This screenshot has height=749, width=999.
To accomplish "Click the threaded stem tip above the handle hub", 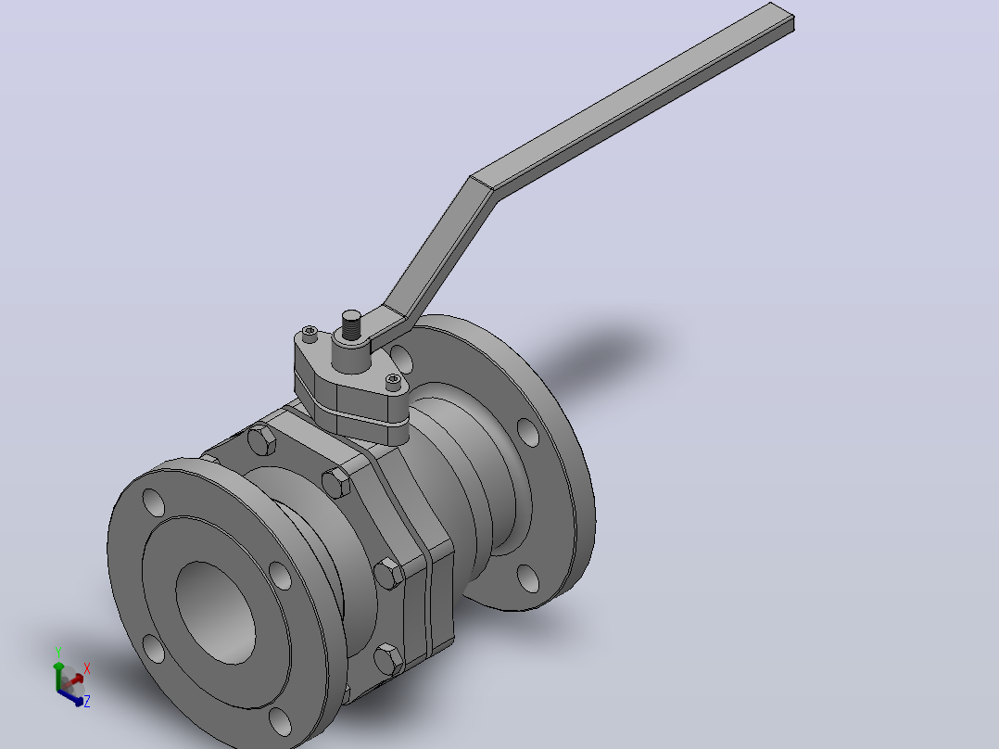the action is [x=351, y=325].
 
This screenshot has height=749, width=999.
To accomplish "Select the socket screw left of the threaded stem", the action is [x=310, y=334].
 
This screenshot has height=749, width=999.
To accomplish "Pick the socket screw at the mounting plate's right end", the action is [x=394, y=381].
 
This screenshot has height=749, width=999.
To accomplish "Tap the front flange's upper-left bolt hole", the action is [x=154, y=502].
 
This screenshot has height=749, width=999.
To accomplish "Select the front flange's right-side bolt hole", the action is [x=280, y=576].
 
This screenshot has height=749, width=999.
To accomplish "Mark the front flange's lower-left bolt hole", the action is [x=154, y=648].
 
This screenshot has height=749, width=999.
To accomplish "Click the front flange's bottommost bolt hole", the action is [x=280, y=721].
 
